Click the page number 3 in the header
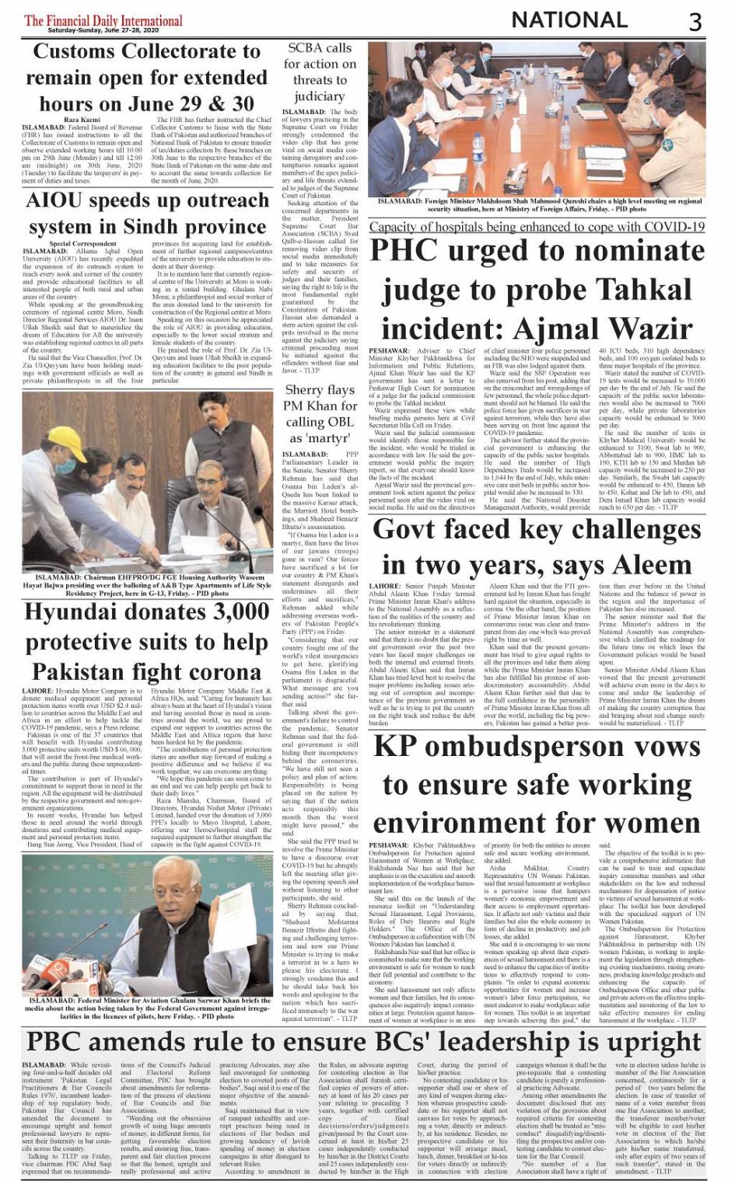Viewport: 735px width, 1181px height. pos(695,21)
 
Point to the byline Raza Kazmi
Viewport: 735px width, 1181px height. pos(82,120)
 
